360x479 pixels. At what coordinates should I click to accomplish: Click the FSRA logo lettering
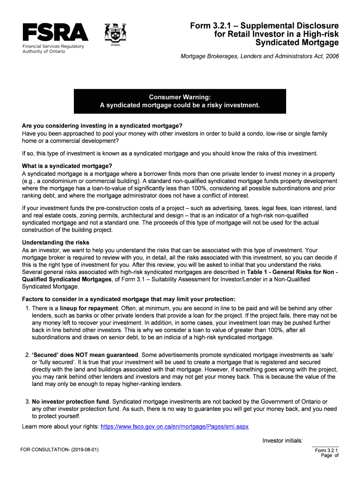(55, 32)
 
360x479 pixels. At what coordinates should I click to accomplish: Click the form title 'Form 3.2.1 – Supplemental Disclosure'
(264, 25)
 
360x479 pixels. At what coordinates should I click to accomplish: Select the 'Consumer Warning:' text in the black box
(180, 97)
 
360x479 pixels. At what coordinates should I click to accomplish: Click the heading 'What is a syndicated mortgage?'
(67, 166)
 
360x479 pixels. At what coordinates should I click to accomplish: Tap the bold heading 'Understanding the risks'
(56, 242)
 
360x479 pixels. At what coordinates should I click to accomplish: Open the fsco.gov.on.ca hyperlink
(175, 427)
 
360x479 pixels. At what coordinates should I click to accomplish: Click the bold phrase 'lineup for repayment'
(89, 308)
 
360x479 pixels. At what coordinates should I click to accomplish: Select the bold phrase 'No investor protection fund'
(71, 402)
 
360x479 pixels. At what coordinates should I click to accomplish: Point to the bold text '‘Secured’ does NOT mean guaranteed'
(85, 355)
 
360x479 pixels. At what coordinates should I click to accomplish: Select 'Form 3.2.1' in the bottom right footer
(327, 450)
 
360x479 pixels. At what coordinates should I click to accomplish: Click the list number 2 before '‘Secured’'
(28, 355)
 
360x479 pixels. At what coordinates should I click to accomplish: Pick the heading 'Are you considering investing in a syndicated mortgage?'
(102, 126)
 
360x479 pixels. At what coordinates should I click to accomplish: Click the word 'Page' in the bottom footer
(326, 456)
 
